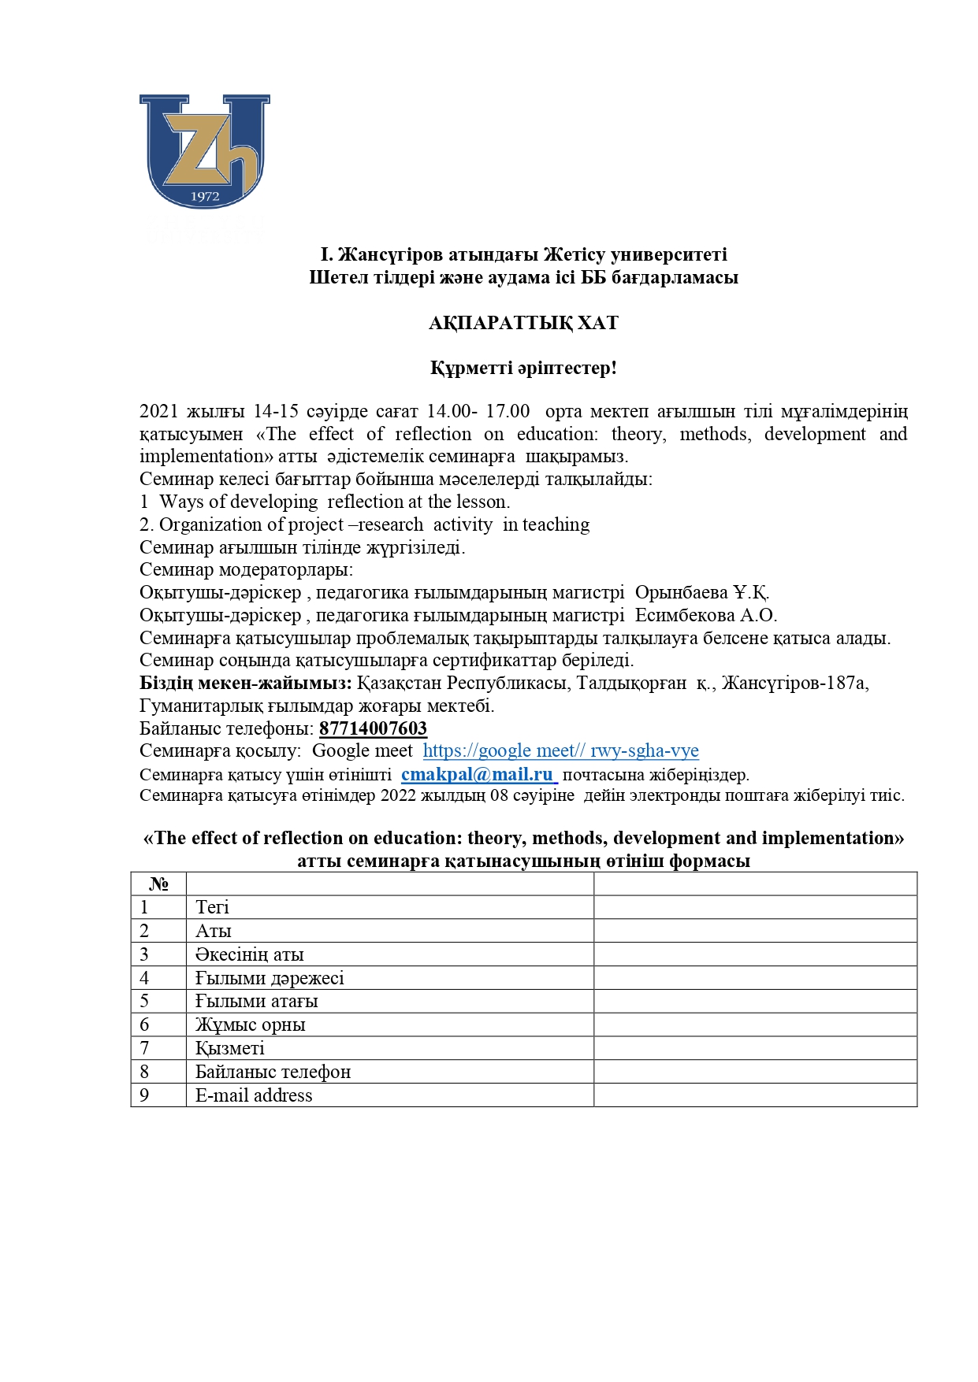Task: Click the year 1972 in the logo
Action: point(205,196)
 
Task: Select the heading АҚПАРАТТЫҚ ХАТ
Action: point(523,323)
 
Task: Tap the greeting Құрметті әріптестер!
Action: point(523,368)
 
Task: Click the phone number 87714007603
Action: point(373,728)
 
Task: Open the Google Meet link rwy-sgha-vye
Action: point(560,750)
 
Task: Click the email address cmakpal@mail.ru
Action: point(478,774)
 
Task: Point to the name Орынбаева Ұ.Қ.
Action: point(701,592)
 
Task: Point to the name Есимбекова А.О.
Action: point(705,615)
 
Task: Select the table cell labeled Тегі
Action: point(213,907)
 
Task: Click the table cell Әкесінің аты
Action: point(250,954)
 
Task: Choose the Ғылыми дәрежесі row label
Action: point(270,978)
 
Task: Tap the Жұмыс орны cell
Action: point(250,1024)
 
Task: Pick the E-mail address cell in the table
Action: point(254,1095)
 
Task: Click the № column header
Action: point(158,884)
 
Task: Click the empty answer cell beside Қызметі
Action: point(755,1048)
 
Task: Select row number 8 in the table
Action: point(144,1072)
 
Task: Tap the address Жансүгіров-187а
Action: point(794,683)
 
